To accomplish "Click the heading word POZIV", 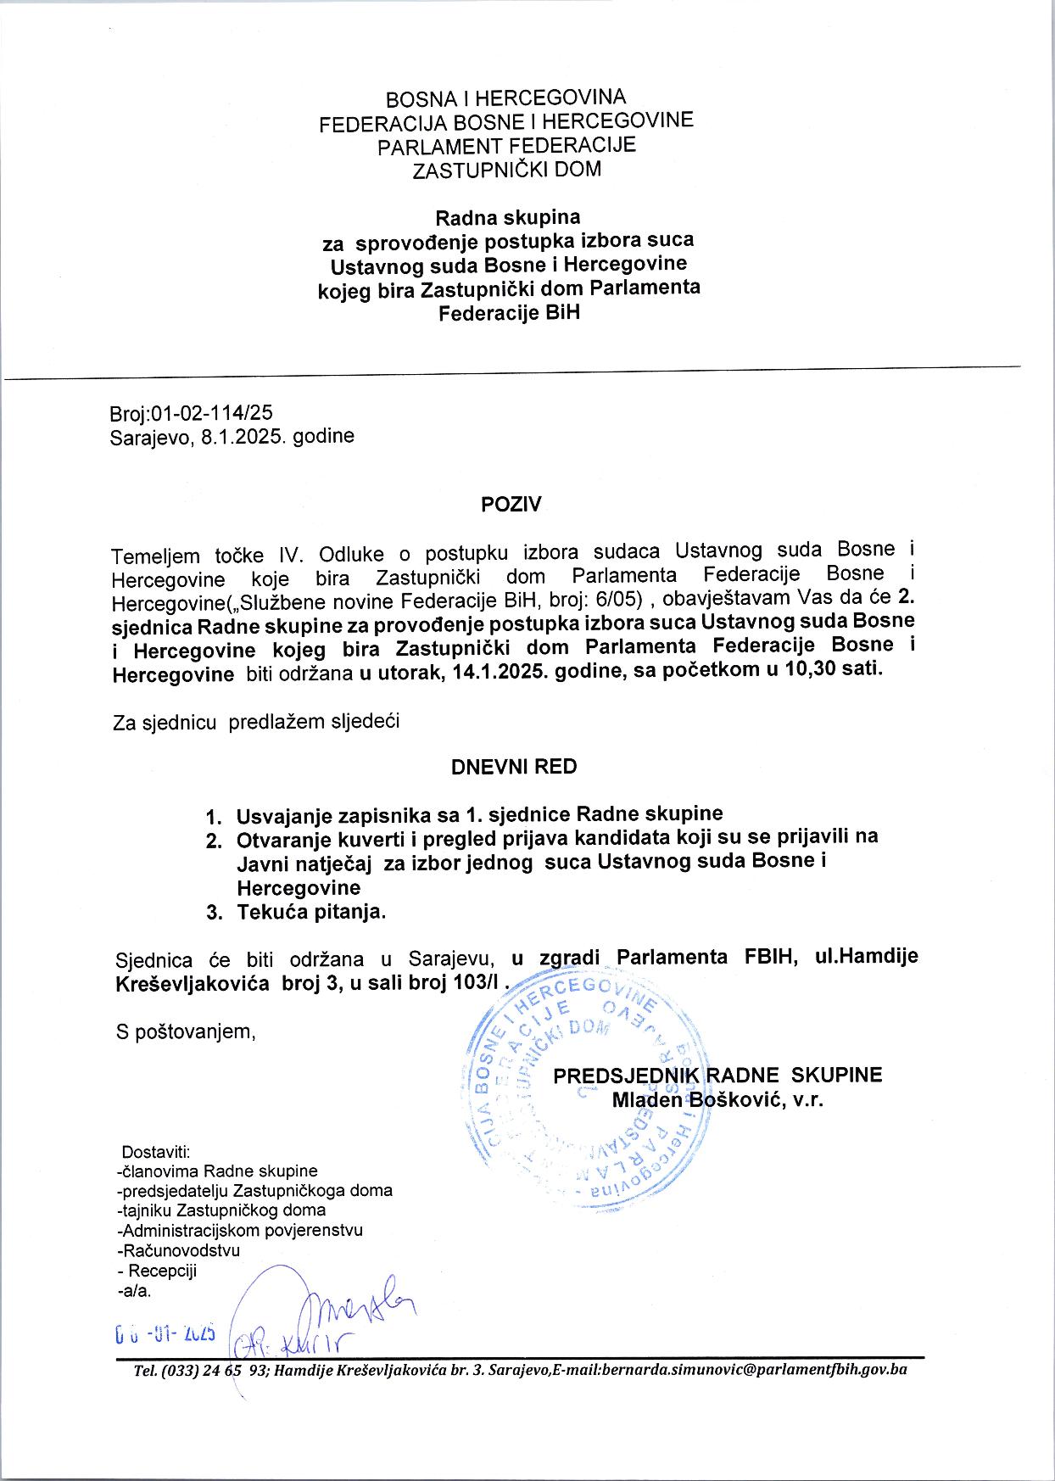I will click(511, 505).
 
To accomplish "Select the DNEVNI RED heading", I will click(514, 767).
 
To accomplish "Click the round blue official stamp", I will click(585, 1094).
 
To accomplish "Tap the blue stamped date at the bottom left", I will click(165, 1333).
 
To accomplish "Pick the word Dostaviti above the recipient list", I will click(156, 1152).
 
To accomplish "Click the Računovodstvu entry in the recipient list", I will click(179, 1250).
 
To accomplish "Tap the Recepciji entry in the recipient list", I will click(161, 1271).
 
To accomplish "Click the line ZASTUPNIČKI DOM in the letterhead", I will click(506, 170).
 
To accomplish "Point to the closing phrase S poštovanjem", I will click(185, 1031).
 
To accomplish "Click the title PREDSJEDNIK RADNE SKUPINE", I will click(717, 1076).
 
